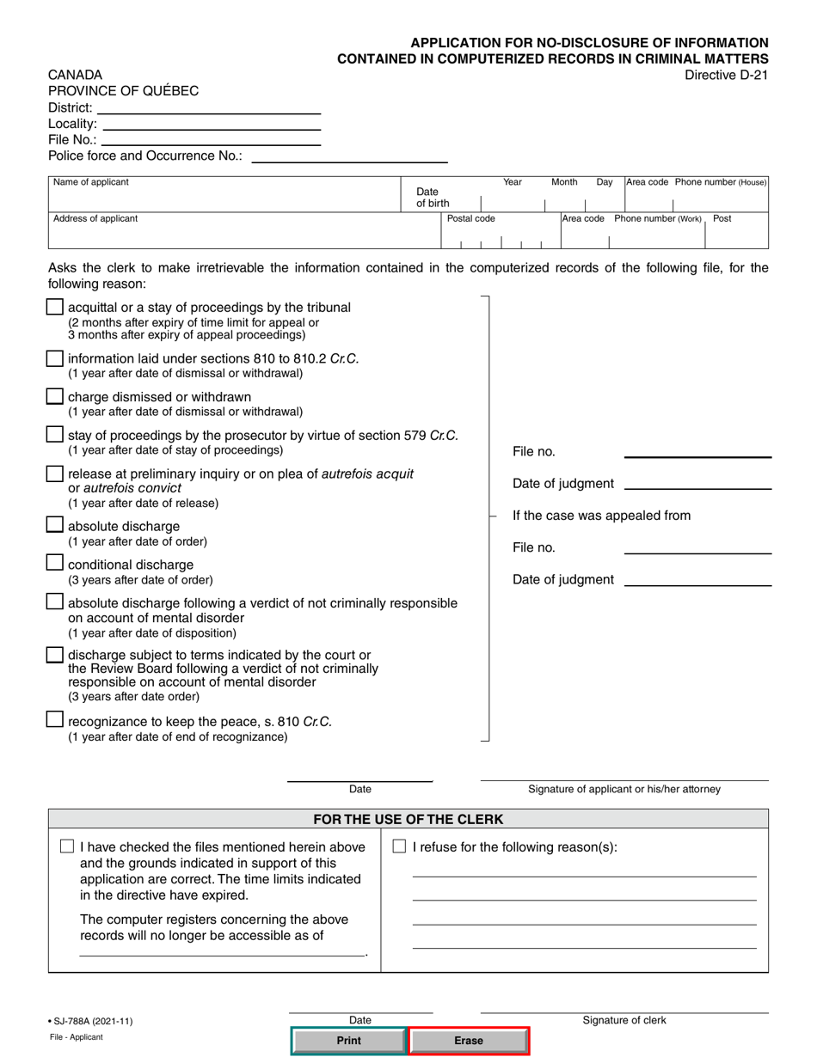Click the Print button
tap(348, 1041)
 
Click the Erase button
tap(469, 1041)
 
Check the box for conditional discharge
tap(54, 563)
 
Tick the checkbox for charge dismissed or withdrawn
tap(54, 396)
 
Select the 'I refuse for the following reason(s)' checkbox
tap(399, 846)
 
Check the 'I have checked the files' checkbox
tap(67, 846)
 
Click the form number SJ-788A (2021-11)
tap(91, 1021)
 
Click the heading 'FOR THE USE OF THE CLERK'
tap(408, 819)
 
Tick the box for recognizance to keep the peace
tap(54, 719)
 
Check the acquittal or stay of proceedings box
tap(54, 307)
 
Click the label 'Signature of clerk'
tap(624, 1020)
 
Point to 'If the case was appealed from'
tap(601, 516)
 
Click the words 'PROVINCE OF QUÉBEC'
tap(123, 91)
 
